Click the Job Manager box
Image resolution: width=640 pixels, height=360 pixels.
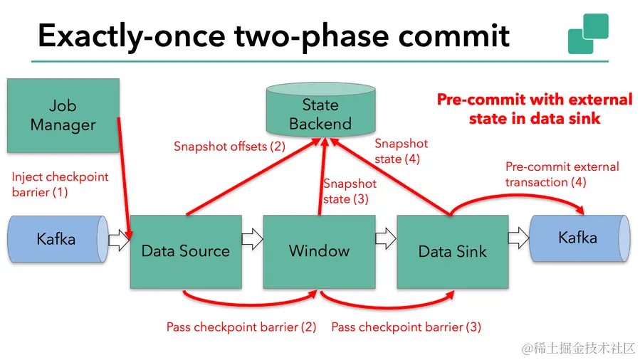(63, 115)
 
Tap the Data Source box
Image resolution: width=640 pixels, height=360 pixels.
(185, 251)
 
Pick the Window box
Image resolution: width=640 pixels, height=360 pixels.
(319, 251)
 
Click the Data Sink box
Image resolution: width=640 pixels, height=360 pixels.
(452, 251)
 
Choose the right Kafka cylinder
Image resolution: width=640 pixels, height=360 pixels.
(578, 238)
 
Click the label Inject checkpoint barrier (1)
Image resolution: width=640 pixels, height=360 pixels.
(61, 184)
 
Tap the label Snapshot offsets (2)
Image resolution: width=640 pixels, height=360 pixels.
(229, 147)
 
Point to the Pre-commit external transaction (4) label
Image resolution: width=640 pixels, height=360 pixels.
(562, 174)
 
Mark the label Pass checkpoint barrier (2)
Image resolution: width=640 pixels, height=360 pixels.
(241, 327)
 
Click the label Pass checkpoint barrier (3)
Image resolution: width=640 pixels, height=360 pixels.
(406, 327)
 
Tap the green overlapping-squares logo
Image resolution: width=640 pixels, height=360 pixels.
(588, 33)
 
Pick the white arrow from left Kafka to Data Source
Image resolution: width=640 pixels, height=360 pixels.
(118, 240)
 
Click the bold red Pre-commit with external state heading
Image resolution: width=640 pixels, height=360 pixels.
(534, 108)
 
